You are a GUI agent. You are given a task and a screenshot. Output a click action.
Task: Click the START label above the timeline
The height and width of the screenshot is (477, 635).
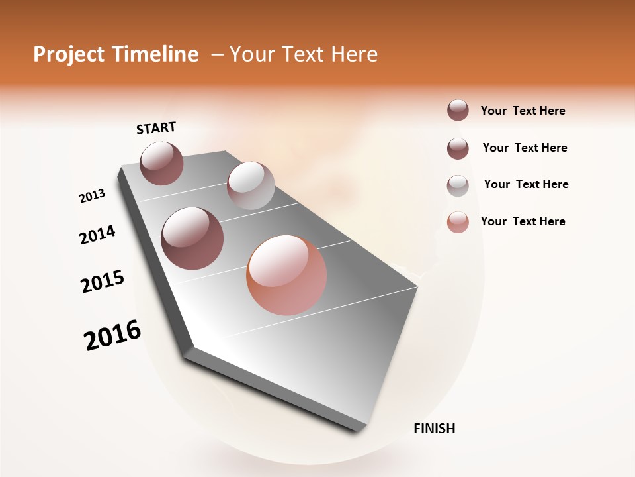coord(156,128)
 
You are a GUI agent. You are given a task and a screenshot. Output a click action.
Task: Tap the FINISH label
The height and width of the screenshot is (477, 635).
coord(434,429)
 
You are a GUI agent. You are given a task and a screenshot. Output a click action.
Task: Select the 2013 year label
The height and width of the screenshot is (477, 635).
coord(93,196)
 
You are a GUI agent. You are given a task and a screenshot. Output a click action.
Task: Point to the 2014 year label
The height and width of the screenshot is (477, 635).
coord(98,235)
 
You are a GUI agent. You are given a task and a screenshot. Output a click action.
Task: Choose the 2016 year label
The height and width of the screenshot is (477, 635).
coord(112,335)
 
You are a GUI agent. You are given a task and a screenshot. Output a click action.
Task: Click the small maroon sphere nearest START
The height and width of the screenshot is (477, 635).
coord(161,163)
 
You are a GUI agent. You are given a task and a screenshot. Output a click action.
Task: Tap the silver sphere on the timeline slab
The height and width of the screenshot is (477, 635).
coord(251,185)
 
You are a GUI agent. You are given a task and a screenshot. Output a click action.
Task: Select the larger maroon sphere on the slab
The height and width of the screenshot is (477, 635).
coord(192,238)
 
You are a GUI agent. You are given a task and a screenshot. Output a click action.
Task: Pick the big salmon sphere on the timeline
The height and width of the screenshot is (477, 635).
coord(286,275)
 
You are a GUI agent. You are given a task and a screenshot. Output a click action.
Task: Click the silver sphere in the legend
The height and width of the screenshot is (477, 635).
coord(458,185)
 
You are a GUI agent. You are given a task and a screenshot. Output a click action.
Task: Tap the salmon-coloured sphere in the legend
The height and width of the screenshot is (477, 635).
coord(458,222)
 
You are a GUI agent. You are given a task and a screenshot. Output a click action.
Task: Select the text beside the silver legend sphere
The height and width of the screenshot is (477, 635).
coord(526,184)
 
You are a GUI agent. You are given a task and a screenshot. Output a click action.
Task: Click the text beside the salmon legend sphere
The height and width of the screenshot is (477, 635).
coord(523,221)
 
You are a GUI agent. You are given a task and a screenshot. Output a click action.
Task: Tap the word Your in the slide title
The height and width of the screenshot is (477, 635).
coord(252,54)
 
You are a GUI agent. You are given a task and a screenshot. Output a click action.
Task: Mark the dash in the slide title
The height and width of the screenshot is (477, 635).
coord(216,54)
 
